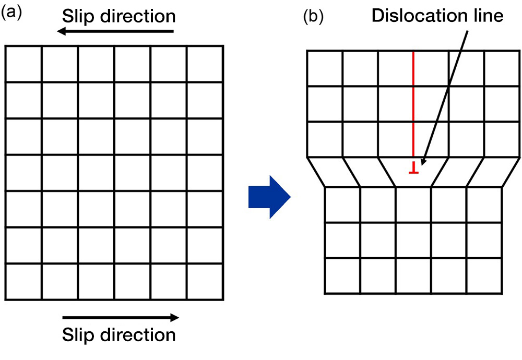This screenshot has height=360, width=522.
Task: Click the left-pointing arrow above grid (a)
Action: tap(115, 32)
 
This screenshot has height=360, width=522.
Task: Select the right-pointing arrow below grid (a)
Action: tap(120, 317)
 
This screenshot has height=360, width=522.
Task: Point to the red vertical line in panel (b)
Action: tap(413, 104)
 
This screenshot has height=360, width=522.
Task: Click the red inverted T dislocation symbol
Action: tap(413, 168)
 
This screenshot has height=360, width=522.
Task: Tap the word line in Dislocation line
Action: tap(486, 16)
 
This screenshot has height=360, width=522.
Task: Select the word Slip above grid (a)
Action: tap(77, 16)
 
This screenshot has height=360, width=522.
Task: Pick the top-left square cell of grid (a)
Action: tap(23, 64)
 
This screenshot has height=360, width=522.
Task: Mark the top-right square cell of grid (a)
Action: tap(205, 64)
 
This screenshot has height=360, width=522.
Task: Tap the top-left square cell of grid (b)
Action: tap(325, 68)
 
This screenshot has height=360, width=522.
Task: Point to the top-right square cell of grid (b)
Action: tap(502, 68)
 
